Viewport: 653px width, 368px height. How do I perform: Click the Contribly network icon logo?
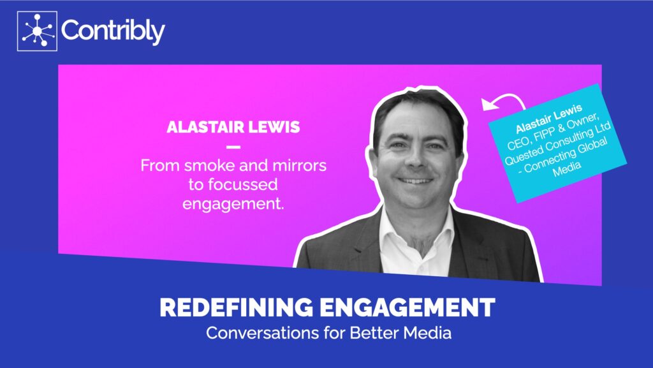[x=37, y=31]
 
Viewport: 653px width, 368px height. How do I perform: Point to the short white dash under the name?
[x=233, y=147]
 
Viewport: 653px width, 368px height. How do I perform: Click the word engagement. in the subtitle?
[x=233, y=204]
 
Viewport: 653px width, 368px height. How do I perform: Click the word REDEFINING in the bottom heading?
[x=236, y=307]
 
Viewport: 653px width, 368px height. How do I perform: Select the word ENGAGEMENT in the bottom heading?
[x=407, y=307]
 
